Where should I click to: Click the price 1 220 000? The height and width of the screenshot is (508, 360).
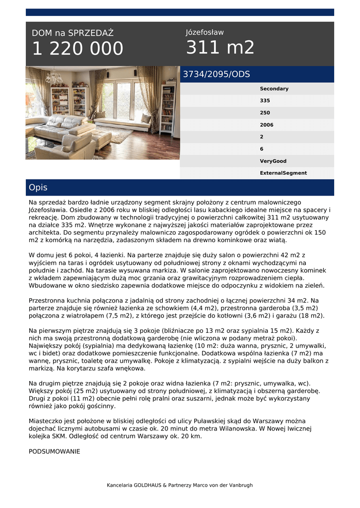pos(77,49)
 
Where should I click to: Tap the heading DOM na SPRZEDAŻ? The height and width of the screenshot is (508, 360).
pos(72,33)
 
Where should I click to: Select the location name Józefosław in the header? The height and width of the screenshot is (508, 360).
pos(205,33)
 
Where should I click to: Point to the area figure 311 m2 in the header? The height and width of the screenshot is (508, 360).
pos(220,48)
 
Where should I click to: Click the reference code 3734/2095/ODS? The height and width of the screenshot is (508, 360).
pos(216,74)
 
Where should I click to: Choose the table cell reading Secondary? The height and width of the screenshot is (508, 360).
pos(274,89)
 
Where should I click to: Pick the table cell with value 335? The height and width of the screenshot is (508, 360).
pos(265,101)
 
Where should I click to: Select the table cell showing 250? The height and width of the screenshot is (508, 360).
pos(265,113)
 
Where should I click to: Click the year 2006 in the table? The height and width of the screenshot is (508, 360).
pos(267,125)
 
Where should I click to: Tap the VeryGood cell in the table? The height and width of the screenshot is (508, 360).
pos(273,161)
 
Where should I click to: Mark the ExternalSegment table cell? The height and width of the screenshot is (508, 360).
pos(283,173)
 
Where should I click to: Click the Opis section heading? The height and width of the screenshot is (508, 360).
pos(38,188)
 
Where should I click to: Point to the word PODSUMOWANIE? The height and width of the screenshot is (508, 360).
pos(54,451)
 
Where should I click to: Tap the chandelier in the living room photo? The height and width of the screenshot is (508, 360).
pos(53,77)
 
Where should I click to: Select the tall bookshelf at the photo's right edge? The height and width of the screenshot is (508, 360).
pos(168,109)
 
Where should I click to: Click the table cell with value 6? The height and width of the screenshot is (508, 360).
pos(262,149)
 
